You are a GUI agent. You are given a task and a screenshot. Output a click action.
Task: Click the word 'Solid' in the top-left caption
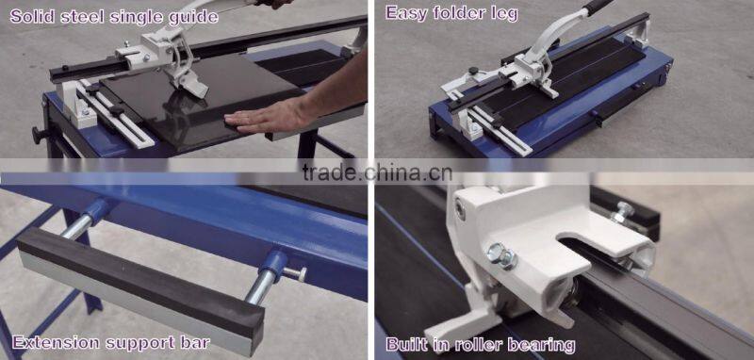coord(31,16)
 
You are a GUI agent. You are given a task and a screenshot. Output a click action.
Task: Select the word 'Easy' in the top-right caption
coord(408,13)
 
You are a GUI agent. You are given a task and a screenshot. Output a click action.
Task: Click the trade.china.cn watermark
coord(377,172)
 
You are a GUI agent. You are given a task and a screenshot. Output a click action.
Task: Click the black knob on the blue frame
coord(39,134)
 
